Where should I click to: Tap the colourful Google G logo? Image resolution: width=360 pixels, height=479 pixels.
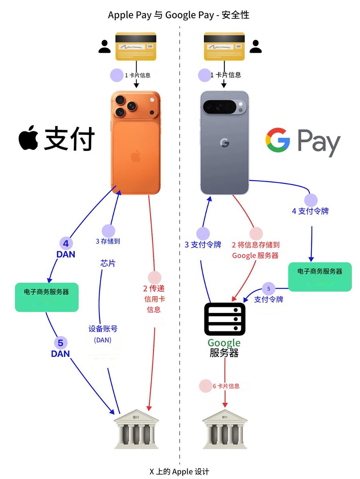(x=277, y=141)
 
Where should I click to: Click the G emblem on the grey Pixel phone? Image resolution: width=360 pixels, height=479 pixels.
(x=224, y=143)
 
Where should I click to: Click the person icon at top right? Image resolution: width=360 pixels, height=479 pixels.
(x=255, y=47)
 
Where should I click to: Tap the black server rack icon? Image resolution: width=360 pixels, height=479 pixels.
(x=224, y=319)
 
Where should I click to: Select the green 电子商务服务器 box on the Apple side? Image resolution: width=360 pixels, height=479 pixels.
(x=47, y=297)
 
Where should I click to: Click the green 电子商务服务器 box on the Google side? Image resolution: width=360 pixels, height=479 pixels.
(x=320, y=277)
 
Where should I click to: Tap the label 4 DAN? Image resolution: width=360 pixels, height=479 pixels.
(x=66, y=248)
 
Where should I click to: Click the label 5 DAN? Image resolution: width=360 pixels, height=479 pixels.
(x=60, y=348)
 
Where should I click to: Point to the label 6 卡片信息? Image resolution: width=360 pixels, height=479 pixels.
(x=226, y=386)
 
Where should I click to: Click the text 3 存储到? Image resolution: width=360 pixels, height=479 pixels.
(x=108, y=241)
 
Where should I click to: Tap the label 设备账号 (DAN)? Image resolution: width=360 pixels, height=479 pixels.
(x=103, y=334)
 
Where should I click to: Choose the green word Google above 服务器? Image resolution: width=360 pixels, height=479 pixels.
(x=224, y=342)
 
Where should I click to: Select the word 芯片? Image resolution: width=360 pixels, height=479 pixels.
(x=108, y=264)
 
